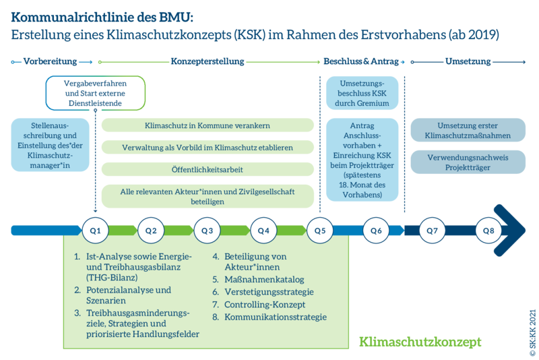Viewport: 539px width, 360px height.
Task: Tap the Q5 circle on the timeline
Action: (x=319, y=231)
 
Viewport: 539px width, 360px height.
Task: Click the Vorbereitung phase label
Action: (x=51, y=61)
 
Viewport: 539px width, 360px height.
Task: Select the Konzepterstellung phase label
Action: (x=207, y=61)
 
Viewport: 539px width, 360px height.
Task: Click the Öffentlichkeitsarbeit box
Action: (x=208, y=170)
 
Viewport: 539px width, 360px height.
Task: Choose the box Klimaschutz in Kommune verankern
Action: (x=208, y=125)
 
